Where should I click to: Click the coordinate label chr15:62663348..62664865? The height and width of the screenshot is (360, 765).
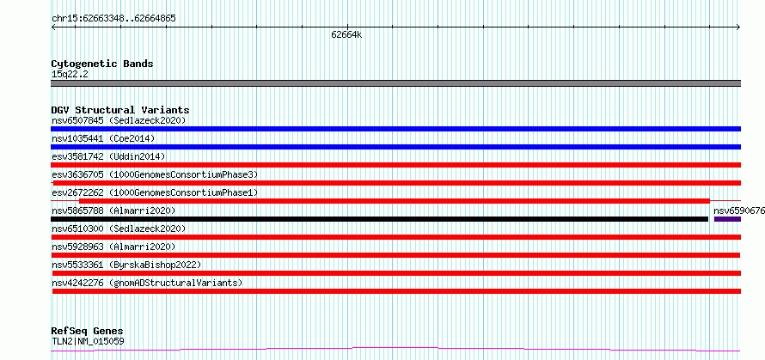(113, 19)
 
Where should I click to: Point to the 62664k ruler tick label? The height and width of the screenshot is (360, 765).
(346, 34)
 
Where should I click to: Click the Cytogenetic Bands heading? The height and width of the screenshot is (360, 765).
(102, 64)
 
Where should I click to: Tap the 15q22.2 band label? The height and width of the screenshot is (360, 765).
(70, 75)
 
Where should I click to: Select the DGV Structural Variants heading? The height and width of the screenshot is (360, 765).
(120, 110)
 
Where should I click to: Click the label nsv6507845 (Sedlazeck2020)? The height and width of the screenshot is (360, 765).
(119, 120)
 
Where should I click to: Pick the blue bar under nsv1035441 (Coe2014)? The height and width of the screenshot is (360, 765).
(395, 147)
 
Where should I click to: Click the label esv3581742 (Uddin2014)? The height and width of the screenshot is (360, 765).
(108, 156)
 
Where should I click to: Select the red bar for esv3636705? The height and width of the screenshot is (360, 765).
(395, 183)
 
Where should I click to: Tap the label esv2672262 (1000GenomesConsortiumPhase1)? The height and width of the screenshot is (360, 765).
(155, 192)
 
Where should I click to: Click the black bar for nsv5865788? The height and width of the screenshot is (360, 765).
(380, 219)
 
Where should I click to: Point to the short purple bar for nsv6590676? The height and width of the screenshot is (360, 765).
(727, 219)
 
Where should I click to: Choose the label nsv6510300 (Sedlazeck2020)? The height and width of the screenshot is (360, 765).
(119, 229)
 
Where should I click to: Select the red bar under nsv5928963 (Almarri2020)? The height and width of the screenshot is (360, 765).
(395, 255)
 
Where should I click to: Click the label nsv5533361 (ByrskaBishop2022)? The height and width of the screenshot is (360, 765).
(126, 265)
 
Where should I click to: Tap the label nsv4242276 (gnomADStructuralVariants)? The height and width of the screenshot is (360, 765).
(147, 283)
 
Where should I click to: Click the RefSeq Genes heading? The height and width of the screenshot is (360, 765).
(88, 332)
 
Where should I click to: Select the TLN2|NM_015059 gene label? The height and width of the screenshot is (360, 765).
(88, 341)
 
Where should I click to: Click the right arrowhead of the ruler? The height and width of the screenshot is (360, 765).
(738, 27)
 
